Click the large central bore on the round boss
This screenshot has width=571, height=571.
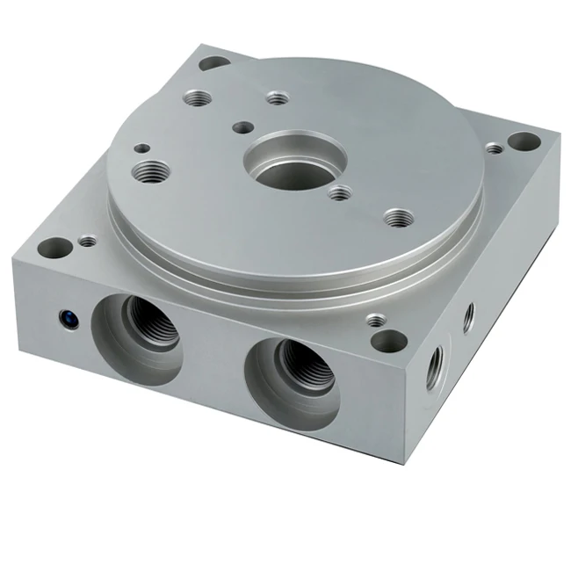[294, 160]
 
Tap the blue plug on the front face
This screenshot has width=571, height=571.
[66, 318]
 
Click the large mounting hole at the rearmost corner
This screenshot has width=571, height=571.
[214, 63]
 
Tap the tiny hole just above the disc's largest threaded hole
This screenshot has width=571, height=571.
[140, 150]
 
